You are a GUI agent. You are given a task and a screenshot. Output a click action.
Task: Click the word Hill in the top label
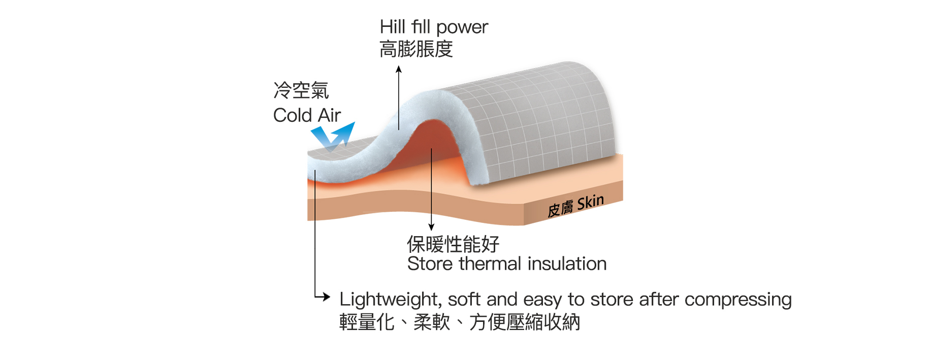coord(392,27)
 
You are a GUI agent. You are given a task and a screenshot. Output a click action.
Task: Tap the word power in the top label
coord(462,28)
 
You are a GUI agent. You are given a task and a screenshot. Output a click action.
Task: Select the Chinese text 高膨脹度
coord(416,49)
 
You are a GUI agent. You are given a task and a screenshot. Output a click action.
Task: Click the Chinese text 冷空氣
coord(301,90)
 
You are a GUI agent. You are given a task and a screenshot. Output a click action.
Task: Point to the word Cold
coord(293,115)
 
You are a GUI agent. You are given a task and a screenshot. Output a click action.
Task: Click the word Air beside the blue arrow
coord(329,115)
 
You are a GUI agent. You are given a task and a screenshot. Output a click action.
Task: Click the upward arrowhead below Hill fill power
coord(399,69)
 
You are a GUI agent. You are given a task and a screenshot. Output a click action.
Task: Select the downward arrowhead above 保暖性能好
coord(431,227)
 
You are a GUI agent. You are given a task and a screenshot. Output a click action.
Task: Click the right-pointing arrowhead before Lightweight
coord(326,297)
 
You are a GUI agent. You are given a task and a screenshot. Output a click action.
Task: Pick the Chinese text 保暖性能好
coord(453,244)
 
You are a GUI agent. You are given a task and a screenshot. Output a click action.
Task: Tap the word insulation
coord(567,264)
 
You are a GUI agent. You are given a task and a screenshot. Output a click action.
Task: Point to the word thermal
coord(490,264)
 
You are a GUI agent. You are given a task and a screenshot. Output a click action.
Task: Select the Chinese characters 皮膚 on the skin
coord(560,209)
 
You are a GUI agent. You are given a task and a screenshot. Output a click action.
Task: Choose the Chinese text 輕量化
coord(367,322)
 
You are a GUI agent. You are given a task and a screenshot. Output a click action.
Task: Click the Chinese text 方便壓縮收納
coord(525,322)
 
